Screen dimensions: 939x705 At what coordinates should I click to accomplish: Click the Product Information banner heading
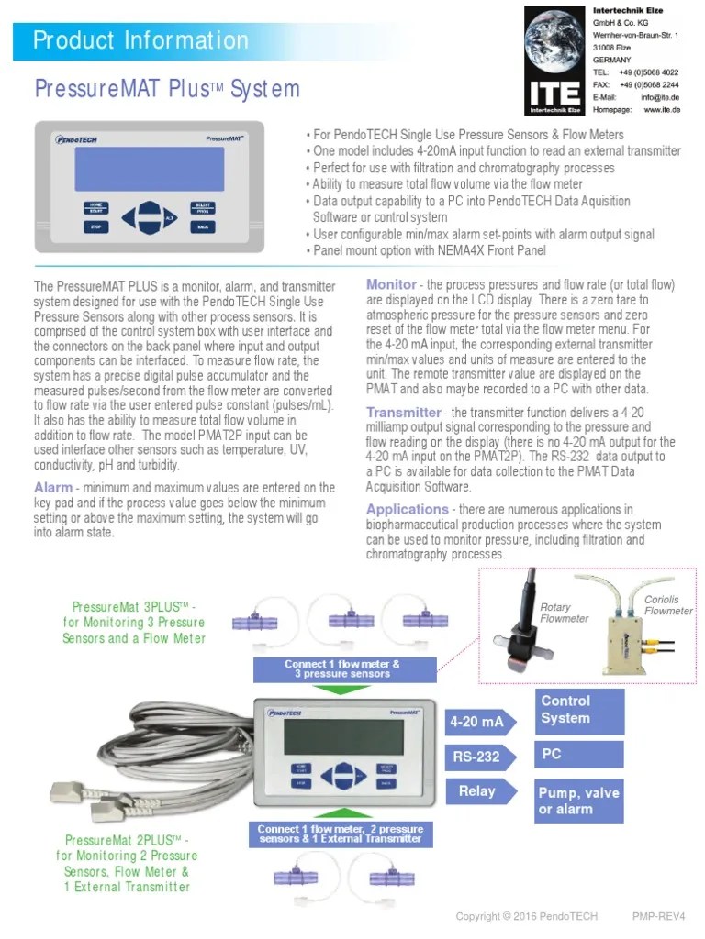[140, 40]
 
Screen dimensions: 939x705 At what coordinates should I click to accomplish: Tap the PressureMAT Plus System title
[167, 89]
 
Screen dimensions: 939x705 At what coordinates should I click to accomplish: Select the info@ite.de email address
[659, 96]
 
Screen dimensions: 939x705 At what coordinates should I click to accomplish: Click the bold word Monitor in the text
[391, 284]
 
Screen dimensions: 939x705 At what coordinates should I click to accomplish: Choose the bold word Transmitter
[403, 413]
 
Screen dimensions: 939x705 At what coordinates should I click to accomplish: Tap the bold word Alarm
[53, 487]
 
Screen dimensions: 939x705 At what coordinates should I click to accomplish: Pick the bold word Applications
[407, 509]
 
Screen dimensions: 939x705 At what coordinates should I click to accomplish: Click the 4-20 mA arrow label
[477, 722]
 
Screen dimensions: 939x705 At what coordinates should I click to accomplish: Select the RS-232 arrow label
[476, 757]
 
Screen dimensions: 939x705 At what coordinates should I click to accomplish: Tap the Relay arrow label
[476, 790]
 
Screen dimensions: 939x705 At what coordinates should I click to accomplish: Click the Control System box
[579, 710]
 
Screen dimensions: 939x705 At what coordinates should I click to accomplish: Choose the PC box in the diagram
[579, 755]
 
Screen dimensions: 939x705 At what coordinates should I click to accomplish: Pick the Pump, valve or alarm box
[579, 801]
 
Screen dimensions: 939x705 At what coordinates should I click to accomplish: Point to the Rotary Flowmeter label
[564, 613]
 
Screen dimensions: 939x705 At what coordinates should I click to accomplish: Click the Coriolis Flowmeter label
[668, 605]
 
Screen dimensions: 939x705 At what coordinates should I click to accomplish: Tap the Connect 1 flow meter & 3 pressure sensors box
[341, 668]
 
